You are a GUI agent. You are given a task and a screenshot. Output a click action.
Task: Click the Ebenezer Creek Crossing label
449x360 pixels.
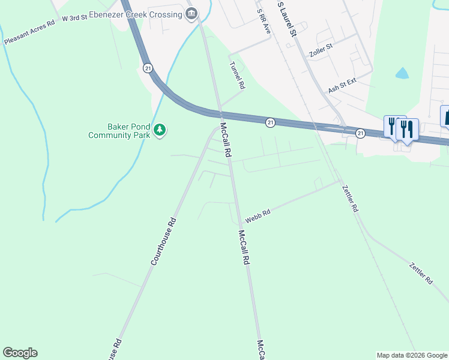click(x=136, y=14)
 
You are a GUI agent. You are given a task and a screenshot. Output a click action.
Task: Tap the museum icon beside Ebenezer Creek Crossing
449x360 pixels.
click(x=192, y=14)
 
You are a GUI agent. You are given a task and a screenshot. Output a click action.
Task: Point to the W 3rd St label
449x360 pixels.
click(x=74, y=19)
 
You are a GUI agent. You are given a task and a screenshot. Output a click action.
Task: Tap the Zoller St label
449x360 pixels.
click(x=321, y=46)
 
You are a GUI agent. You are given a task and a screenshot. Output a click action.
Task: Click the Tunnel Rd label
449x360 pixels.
click(x=237, y=76)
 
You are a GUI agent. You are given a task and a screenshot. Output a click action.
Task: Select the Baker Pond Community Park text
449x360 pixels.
click(x=118, y=131)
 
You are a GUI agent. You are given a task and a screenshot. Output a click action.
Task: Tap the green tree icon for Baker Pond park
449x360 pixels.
click(x=160, y=130)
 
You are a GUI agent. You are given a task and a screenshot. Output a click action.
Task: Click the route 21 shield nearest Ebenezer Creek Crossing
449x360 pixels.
click(x=148, y=68)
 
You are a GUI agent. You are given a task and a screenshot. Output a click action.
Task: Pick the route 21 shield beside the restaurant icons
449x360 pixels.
click(x=360, y=133)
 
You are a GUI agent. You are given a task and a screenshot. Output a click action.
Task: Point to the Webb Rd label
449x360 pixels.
click(x=258, y=215)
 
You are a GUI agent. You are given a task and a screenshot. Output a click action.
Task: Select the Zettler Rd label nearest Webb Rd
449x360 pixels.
click(x=350, y=199)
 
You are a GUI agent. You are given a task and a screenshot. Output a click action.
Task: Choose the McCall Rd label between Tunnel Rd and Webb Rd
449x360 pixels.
click(x=226, y=140)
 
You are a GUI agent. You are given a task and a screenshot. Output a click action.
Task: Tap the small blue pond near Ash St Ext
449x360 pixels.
click(x=402, y=73)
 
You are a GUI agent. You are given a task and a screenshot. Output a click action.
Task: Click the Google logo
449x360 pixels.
click(x=20, y=353)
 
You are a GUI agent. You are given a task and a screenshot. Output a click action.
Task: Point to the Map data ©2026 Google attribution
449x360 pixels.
click(x=412, y=355)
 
